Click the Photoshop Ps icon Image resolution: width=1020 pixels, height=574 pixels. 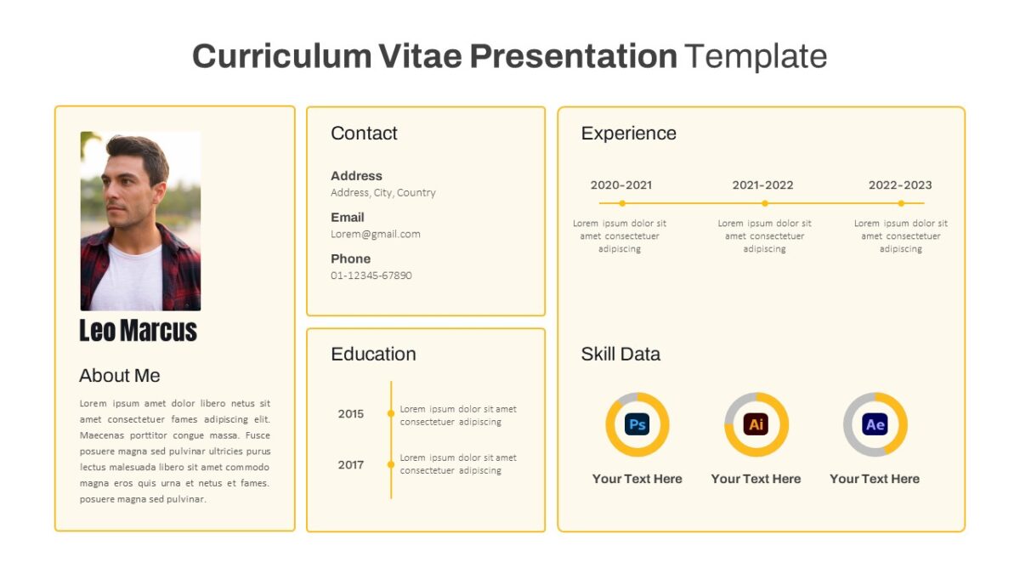click(x=637, y=424)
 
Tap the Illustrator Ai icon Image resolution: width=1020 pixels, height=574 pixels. click(x=756, y=424)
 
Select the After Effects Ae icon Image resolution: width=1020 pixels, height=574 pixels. click(x=875, y=424)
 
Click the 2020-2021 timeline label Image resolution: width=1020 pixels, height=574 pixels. click(x=621, y=185)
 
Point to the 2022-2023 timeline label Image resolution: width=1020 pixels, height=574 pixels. click(x=900, y=185)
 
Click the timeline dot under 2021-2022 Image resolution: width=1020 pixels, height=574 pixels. click(x=765, y=203)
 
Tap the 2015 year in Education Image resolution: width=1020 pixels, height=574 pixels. click(x=350, y=413)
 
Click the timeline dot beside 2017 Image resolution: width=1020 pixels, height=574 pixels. click(x=391, y=464)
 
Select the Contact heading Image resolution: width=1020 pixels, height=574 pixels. click(x=364, y=133)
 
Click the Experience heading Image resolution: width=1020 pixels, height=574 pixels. click(x=628, y=134)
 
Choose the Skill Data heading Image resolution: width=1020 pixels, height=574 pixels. click(x=620, y=354)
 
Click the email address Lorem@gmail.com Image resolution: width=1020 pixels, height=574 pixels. click(x=375, y=234)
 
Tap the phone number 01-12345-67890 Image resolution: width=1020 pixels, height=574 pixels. click(x=371, y=276)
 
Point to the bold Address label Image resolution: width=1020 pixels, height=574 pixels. click(x=356, y=176)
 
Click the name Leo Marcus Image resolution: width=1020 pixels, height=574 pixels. click(x=138, y=330)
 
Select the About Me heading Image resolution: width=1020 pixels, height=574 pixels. click(x=119, y=375)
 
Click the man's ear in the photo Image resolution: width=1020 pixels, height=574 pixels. click(x=159, y=191)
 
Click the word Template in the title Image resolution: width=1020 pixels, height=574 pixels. click(x=756, y=56)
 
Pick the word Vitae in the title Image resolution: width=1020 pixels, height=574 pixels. click(x=420, y=56)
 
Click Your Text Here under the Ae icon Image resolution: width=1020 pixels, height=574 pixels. click(x=875, y=479)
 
